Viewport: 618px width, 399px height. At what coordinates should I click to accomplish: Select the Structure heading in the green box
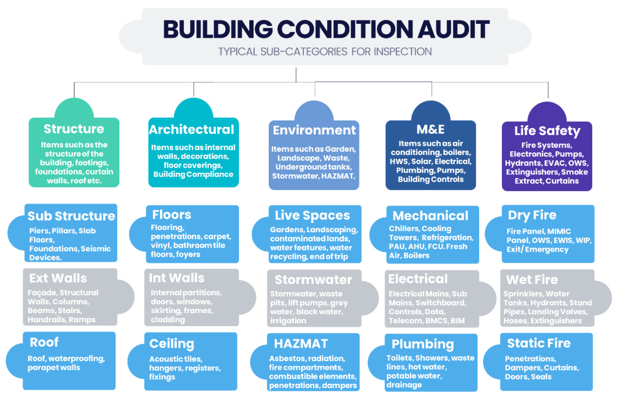[x=74, y=129]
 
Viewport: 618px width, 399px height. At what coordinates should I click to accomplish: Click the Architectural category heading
[x=192, y=129]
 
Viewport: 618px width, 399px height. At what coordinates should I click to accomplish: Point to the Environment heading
[x=314, y=130]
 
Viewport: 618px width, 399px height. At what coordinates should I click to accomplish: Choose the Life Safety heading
[x=547, y=131]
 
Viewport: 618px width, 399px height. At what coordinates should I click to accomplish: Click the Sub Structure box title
[x=71, y=216]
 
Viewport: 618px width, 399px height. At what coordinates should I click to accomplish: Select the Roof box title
[x=44, y=342]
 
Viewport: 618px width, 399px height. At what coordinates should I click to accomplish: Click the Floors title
[x=172, y=214]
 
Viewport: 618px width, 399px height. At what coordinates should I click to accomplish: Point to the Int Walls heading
[x=177, y=278]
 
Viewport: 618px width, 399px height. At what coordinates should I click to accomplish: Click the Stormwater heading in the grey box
[x=313, y=280]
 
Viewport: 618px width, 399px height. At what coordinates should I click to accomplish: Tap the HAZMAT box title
[x=301, y=344]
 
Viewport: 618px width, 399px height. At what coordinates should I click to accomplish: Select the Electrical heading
[x=418, y=279]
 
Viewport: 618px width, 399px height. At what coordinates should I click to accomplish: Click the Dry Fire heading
[x=532, y=215]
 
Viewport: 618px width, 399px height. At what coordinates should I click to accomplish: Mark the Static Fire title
[x=539, y=343]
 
